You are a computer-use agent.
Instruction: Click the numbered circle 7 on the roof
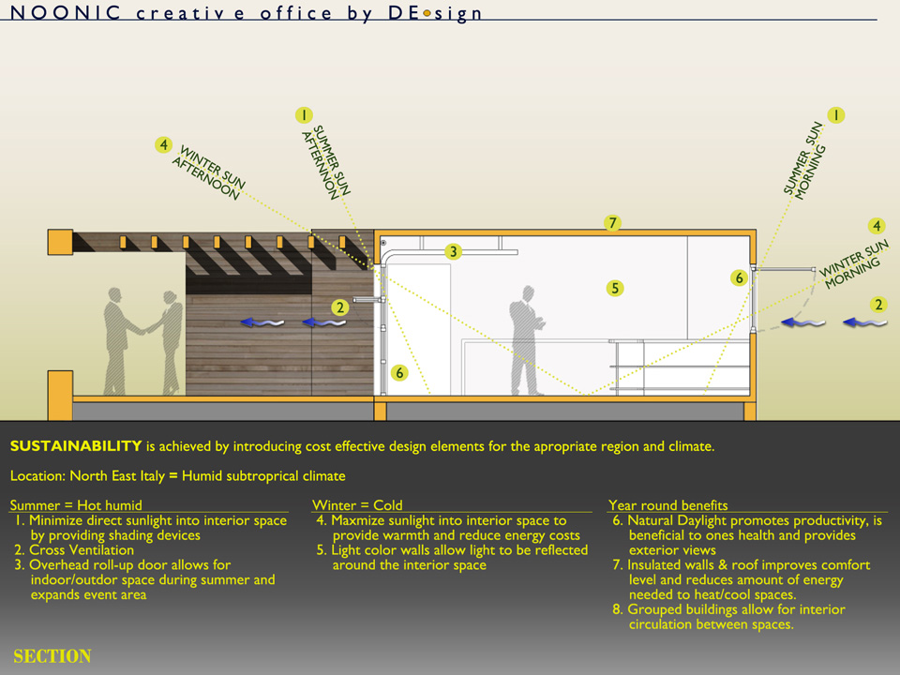pyautogui.click(x=612, y=223)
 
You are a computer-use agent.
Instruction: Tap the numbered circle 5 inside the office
pyautogui.click(x=615, y=288)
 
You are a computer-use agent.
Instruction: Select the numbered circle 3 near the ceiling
pyautogui.click(x=453, y=251)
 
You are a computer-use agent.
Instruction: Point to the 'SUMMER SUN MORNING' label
pyautogui.click(x=802, y=159)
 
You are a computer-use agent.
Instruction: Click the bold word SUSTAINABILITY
pyautogui.click(x=76, y=446)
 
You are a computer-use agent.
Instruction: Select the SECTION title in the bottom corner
pyautogui.click(x=52, y=656)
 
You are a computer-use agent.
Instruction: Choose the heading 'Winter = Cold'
pyautogui.click(x=357, y=505)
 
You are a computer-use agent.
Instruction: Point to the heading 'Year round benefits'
pyautogui.click(x=667, y=505)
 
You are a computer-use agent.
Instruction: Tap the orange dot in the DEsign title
pyautogui.click(x=427, y=14)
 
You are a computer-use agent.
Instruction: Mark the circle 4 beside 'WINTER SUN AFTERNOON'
pyautogui.click(x=164, y=145)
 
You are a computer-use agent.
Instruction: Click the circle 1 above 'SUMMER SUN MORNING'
pyautogui.click(x=835, y=115)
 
